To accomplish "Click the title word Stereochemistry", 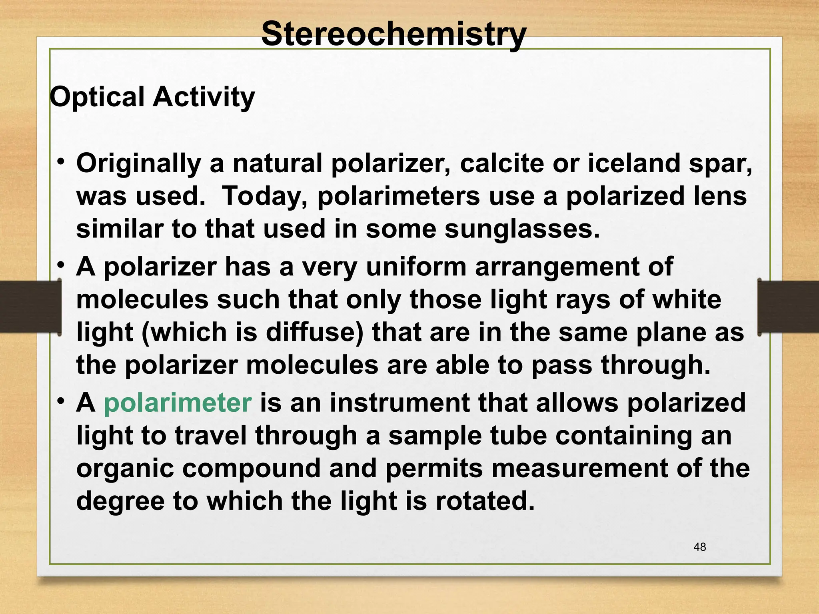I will [394, 34].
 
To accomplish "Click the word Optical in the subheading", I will [97, 97].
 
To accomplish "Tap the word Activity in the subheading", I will [204, 97].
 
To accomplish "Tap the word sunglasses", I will [522, 229].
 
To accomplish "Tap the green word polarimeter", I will [178, 403].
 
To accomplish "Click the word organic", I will [125, 469].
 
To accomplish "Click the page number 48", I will [700, 547].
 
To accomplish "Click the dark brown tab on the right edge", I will [788, 307].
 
